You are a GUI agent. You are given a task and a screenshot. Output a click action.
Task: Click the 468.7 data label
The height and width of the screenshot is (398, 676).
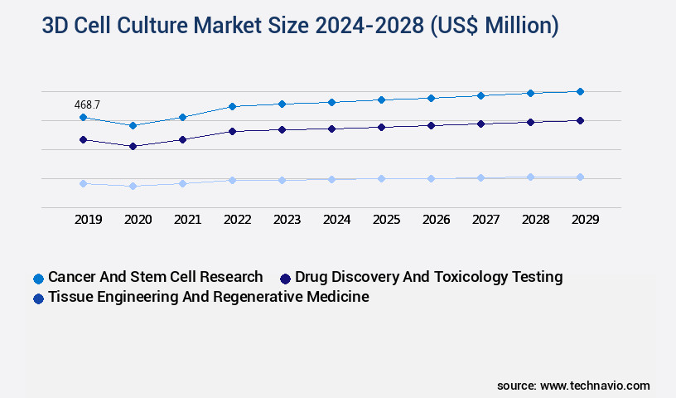[87, 104]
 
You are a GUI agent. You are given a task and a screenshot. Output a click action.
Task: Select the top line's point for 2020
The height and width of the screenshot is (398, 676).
[133, 125]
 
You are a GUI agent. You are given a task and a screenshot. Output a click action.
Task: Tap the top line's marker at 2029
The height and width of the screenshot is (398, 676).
[580, 91]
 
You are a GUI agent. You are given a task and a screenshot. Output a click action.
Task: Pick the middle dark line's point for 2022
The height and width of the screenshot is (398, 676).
[232, 131]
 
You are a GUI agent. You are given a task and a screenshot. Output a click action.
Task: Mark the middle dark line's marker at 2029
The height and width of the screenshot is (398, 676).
[580, 120]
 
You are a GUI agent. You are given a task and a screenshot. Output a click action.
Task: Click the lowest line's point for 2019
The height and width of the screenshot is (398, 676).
[83, 183]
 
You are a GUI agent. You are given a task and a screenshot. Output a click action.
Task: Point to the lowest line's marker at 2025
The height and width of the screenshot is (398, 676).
[381, 178]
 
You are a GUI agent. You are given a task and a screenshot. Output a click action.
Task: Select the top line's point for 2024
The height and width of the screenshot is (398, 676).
[331, 102]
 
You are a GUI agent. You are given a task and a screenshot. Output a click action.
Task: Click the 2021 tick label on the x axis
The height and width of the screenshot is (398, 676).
[187, 220]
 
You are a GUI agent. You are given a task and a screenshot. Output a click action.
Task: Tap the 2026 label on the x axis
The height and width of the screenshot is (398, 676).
[436, 220]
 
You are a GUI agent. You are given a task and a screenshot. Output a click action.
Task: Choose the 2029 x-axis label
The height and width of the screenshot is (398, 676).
[585, 220]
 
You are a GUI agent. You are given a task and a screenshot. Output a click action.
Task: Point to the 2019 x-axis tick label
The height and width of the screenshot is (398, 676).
[88, 220]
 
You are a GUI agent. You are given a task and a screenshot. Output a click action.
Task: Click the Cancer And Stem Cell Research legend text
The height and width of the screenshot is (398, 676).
[155, 277]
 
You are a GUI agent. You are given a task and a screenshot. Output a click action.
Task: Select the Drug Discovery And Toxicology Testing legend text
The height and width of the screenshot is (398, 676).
[428, 277]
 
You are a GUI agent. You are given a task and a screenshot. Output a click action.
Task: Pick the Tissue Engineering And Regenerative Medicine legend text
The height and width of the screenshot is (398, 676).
[208, 297]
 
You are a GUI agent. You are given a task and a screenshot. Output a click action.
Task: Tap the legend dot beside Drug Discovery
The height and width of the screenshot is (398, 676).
[286, 279]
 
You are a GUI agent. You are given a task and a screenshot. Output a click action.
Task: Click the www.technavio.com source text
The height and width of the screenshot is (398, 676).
[595, 386]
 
